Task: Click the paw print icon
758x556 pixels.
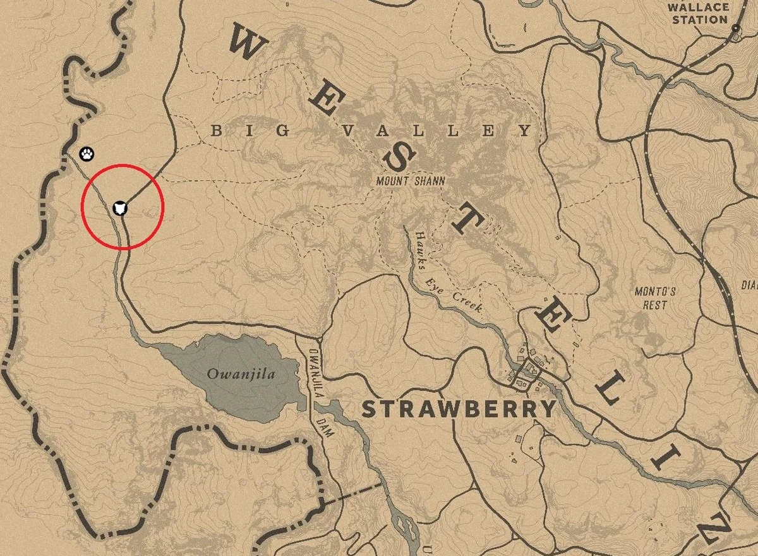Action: click(87, 153)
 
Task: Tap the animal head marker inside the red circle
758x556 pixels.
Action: click(122, 207)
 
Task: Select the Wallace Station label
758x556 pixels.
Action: click(699, 13)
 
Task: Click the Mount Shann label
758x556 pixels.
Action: click(411, 181)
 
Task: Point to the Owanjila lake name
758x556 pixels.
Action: click(232, 374)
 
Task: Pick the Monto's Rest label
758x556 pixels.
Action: click(656, 298)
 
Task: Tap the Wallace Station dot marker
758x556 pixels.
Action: click(735, 29)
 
